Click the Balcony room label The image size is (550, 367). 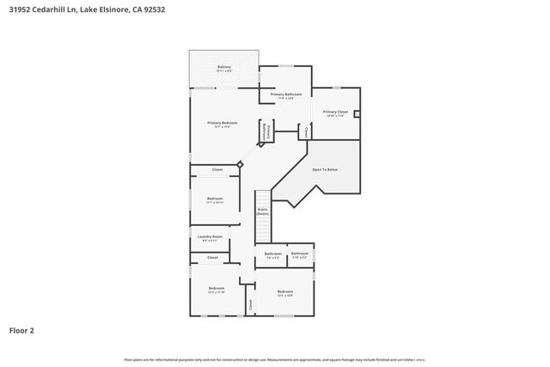point(223,68)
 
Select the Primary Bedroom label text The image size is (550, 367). point(222,125)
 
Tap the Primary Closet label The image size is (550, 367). point(334,113)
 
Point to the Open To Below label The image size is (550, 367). point(325,169)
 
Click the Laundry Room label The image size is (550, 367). point(210,238)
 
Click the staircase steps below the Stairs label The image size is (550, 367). point(263,230)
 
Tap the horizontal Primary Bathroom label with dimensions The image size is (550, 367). point(286,95)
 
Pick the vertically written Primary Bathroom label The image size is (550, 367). point(266,132)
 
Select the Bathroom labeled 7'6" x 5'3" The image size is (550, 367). point(273,255)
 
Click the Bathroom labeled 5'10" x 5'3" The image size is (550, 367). point(299,255)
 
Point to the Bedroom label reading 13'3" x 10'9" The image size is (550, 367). point(285,294)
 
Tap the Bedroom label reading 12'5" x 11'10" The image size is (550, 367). point(217,290)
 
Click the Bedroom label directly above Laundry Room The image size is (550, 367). point(215,200)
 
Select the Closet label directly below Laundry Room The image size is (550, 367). point(212,258)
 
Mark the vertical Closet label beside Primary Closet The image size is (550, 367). point(306,132)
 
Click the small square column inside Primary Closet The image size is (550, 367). point(357,113)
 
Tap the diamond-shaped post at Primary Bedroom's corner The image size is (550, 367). point(241,163)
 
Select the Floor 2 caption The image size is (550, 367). point(23,329)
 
